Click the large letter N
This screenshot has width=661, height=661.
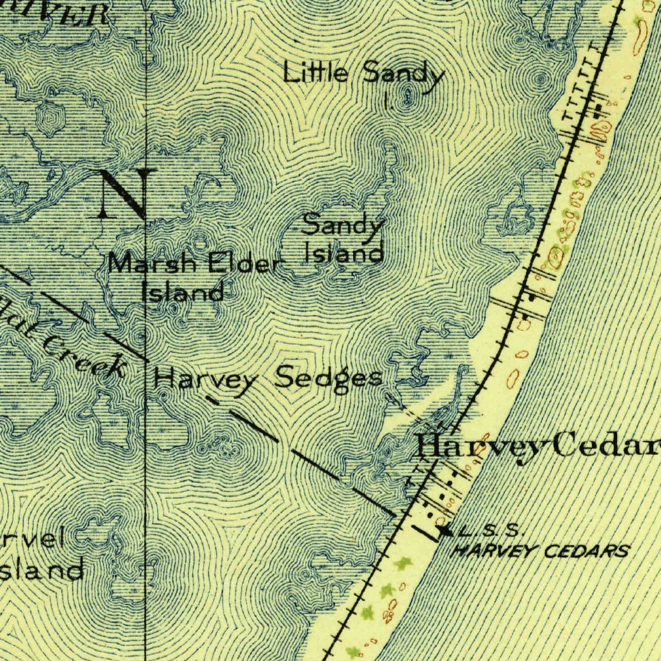click(x=127, y=193)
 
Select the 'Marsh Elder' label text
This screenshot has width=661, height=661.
click(x=195, y=265)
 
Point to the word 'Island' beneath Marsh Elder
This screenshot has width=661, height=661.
click(x=183, y=292)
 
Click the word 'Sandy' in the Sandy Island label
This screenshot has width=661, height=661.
click(x=343, y=227)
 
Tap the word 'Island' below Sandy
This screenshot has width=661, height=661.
click(x=344, y=252)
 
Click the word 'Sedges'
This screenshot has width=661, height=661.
click(x=328, y=378)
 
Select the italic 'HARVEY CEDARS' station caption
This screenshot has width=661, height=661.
click(x=541, y=551)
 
